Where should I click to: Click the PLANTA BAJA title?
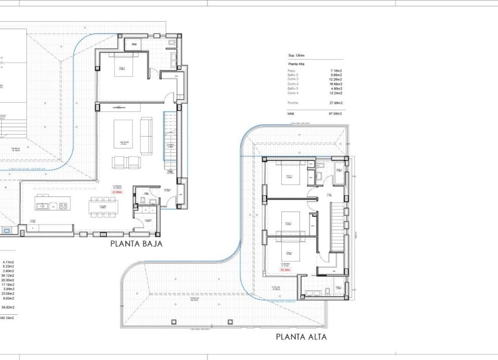pyautogui.click(x=136, y=243)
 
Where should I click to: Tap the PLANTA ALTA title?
pyautogui.click(x=301, y=337)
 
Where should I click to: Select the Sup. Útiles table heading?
pyautogui.click(x=296, y=56)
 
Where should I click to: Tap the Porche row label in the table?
pyautogui.click(x=293, y=103)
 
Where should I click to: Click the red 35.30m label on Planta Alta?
pyautogui.click(x=285, y=270)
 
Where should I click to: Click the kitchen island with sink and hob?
pyautogui.click(x=52, y=205)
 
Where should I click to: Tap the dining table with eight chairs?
pyautogui.click(x=103, y=206)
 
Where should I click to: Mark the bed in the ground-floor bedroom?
pyautogui.click(x=123, y=69)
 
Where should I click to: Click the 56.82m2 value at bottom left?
pyautogui.click(x=8, y=307)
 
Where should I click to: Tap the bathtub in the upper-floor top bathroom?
pyautogui.click(x=340, y=174)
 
